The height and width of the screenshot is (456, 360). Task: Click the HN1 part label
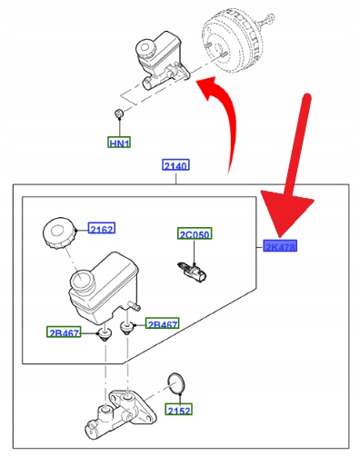119,143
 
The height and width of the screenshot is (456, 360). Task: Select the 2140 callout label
175,165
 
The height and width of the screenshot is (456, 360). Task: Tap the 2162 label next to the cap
102,229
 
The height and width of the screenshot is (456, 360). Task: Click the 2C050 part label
195,233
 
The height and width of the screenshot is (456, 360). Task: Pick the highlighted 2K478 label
280,246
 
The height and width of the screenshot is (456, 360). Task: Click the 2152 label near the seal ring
179,410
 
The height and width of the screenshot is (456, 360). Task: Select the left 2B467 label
64,332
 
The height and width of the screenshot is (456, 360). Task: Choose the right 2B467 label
163,323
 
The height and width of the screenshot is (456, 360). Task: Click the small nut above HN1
119,114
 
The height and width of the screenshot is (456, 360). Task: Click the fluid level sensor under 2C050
193,272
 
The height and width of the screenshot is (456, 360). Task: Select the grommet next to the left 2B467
105,334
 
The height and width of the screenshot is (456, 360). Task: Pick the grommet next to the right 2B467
127,327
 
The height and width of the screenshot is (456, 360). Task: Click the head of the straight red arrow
285,215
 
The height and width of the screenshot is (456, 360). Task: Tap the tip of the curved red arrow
196,81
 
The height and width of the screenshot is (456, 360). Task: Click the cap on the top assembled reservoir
145,49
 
